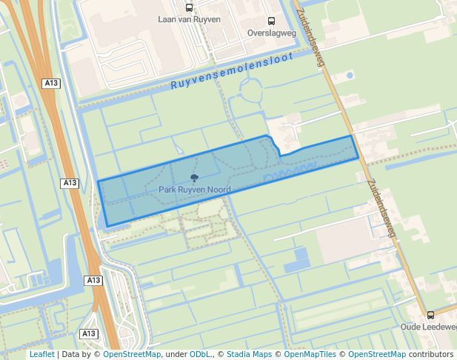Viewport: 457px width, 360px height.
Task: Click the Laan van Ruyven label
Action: [189, 20]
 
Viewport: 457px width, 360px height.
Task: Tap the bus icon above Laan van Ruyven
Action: [189, 8]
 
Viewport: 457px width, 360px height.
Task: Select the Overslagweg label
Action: [270, 33]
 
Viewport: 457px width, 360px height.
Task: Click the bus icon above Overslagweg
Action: [270, 21]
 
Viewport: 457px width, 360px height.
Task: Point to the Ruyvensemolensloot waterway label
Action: [232, 71]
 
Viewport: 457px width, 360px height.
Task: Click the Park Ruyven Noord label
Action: [194, 190]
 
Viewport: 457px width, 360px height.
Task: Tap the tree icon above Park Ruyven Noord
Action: [194, 178]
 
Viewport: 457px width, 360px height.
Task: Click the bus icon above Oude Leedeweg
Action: [430, 315]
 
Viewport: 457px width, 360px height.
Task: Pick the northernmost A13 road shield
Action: [51, 84]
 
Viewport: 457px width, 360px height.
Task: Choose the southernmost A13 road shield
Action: [89, 333]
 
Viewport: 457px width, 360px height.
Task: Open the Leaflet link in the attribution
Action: [41, 355]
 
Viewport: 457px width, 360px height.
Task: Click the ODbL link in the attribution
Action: [199, 355]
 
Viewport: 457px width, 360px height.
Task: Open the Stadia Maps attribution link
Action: [249, 355]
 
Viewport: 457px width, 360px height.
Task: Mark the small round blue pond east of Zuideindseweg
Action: [350, 75]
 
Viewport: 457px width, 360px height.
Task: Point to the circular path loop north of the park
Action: [249, 91]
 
